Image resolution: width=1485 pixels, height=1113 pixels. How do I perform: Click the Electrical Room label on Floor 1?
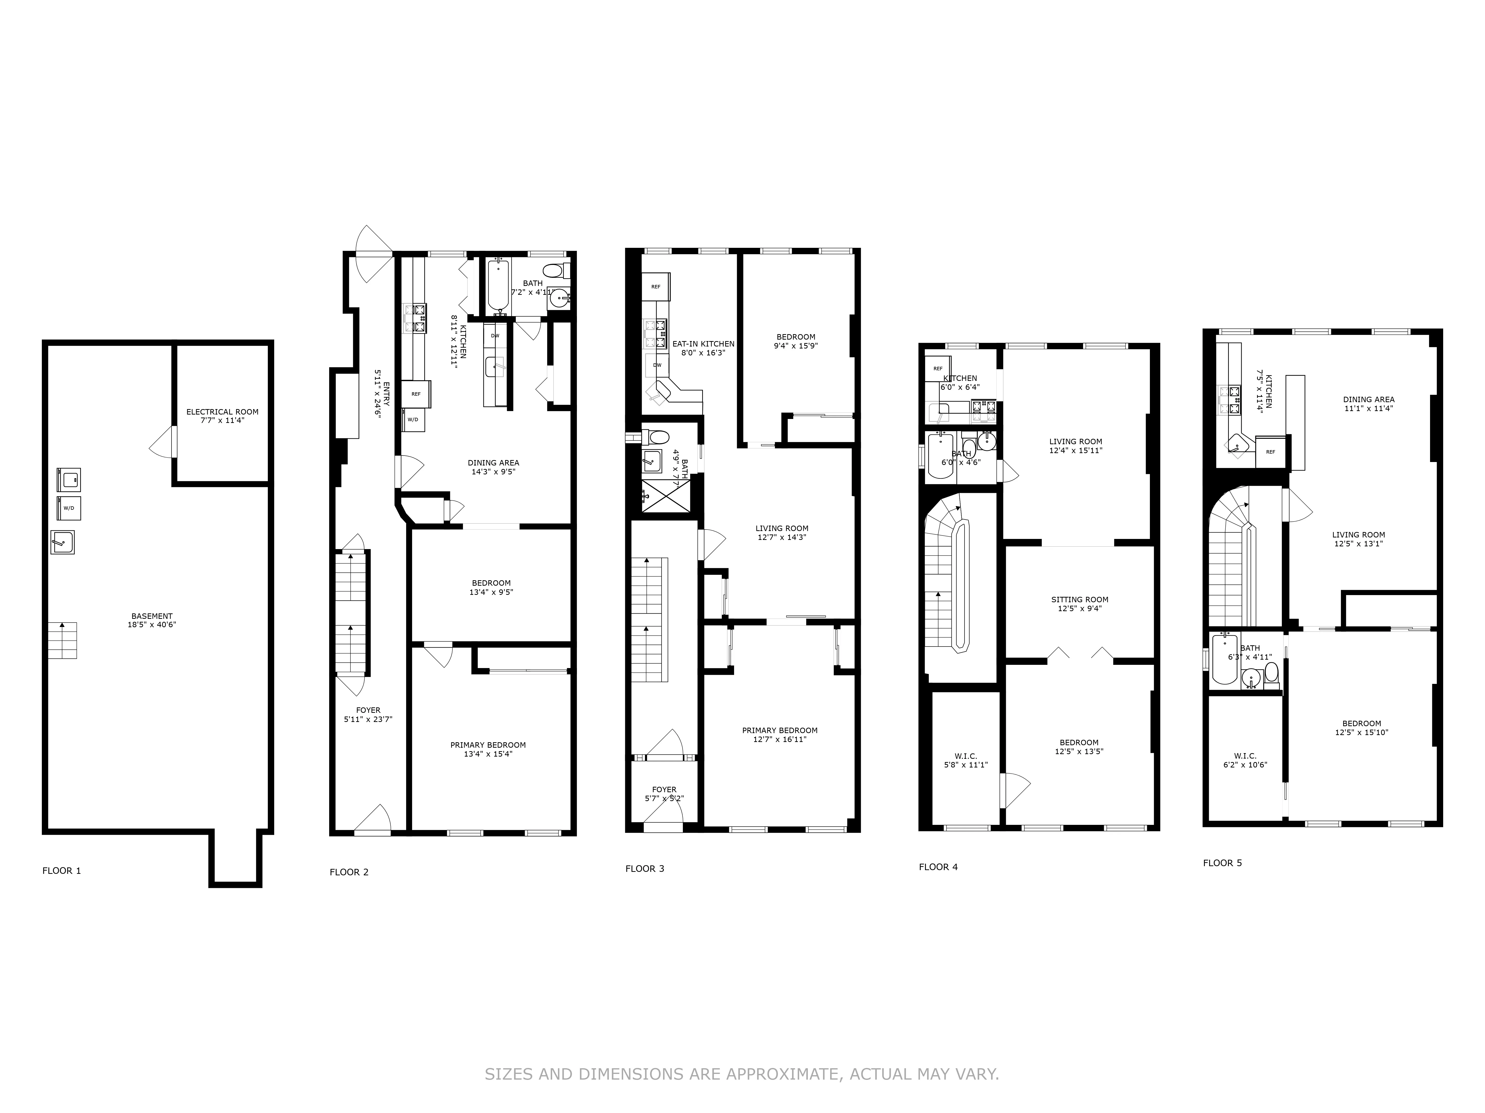point(222,412)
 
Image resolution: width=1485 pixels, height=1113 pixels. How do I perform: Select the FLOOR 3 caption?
point(644,869)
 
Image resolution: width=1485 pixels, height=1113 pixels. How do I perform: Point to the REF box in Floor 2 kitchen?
point(416,394)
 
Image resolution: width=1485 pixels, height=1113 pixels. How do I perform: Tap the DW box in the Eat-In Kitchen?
point(657,365)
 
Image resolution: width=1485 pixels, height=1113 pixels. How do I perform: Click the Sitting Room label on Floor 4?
point(1080,600)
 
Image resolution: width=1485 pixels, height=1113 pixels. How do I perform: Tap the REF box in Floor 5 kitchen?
point(1270,452)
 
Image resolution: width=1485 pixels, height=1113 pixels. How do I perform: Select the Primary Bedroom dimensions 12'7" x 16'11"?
point(779,739)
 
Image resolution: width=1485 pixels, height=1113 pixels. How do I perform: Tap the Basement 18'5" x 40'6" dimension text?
point(152,625)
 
